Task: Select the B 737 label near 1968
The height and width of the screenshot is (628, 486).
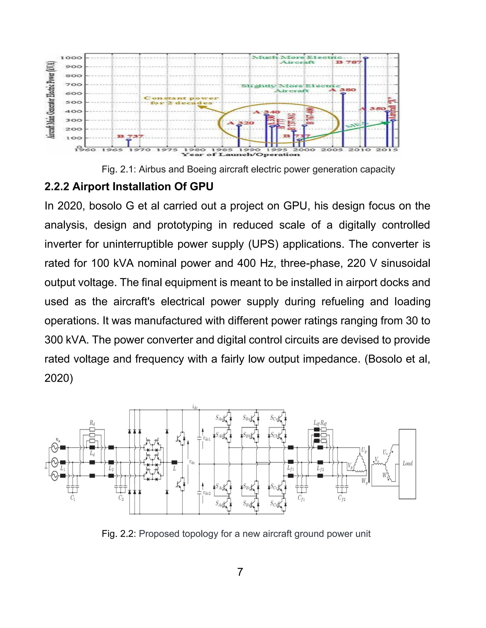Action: [130, 136]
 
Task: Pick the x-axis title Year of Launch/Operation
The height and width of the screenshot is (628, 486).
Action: [240, 155]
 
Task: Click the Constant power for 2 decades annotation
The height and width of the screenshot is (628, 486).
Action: [181, 100]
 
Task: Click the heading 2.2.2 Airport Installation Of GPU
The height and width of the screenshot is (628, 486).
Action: [129, 187]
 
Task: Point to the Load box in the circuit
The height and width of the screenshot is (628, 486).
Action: [407, 464]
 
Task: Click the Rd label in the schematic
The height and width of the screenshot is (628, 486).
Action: [92, 423]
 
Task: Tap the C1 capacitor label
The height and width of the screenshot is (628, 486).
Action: [73, 498]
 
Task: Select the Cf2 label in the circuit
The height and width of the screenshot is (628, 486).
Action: [341, 498]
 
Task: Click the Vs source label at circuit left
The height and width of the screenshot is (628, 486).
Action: [58, 440]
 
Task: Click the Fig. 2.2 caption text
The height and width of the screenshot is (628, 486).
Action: [236, 534]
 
